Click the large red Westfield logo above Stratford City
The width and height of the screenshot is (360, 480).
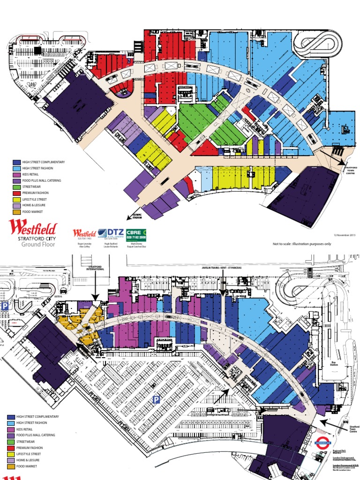33,229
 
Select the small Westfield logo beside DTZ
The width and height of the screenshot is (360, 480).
84,233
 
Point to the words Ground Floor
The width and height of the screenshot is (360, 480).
33,245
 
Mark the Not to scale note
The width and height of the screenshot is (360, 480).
302,244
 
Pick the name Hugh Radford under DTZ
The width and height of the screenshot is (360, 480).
110,244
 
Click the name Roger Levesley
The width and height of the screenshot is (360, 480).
84,244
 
